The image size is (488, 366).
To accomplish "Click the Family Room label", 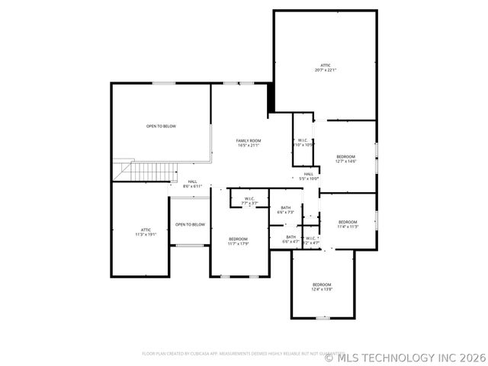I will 249,140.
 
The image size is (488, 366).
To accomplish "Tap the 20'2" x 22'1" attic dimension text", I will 326,70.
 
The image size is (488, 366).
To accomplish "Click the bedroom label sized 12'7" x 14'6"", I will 345,156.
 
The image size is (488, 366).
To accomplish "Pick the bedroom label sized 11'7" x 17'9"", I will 238,239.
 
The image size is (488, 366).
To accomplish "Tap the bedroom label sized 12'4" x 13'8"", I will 321,284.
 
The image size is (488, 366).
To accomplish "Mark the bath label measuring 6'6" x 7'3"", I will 285,207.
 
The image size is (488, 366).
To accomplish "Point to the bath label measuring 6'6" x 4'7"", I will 291,236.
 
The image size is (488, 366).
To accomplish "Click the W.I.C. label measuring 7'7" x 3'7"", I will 249,198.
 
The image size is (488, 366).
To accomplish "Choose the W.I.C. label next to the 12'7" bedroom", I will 303,140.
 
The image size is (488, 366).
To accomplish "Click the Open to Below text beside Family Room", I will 161,126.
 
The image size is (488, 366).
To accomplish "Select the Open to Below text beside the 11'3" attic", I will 190,224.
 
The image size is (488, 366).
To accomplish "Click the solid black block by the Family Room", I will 270,98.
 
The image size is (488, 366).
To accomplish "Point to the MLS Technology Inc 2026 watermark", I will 404,357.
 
